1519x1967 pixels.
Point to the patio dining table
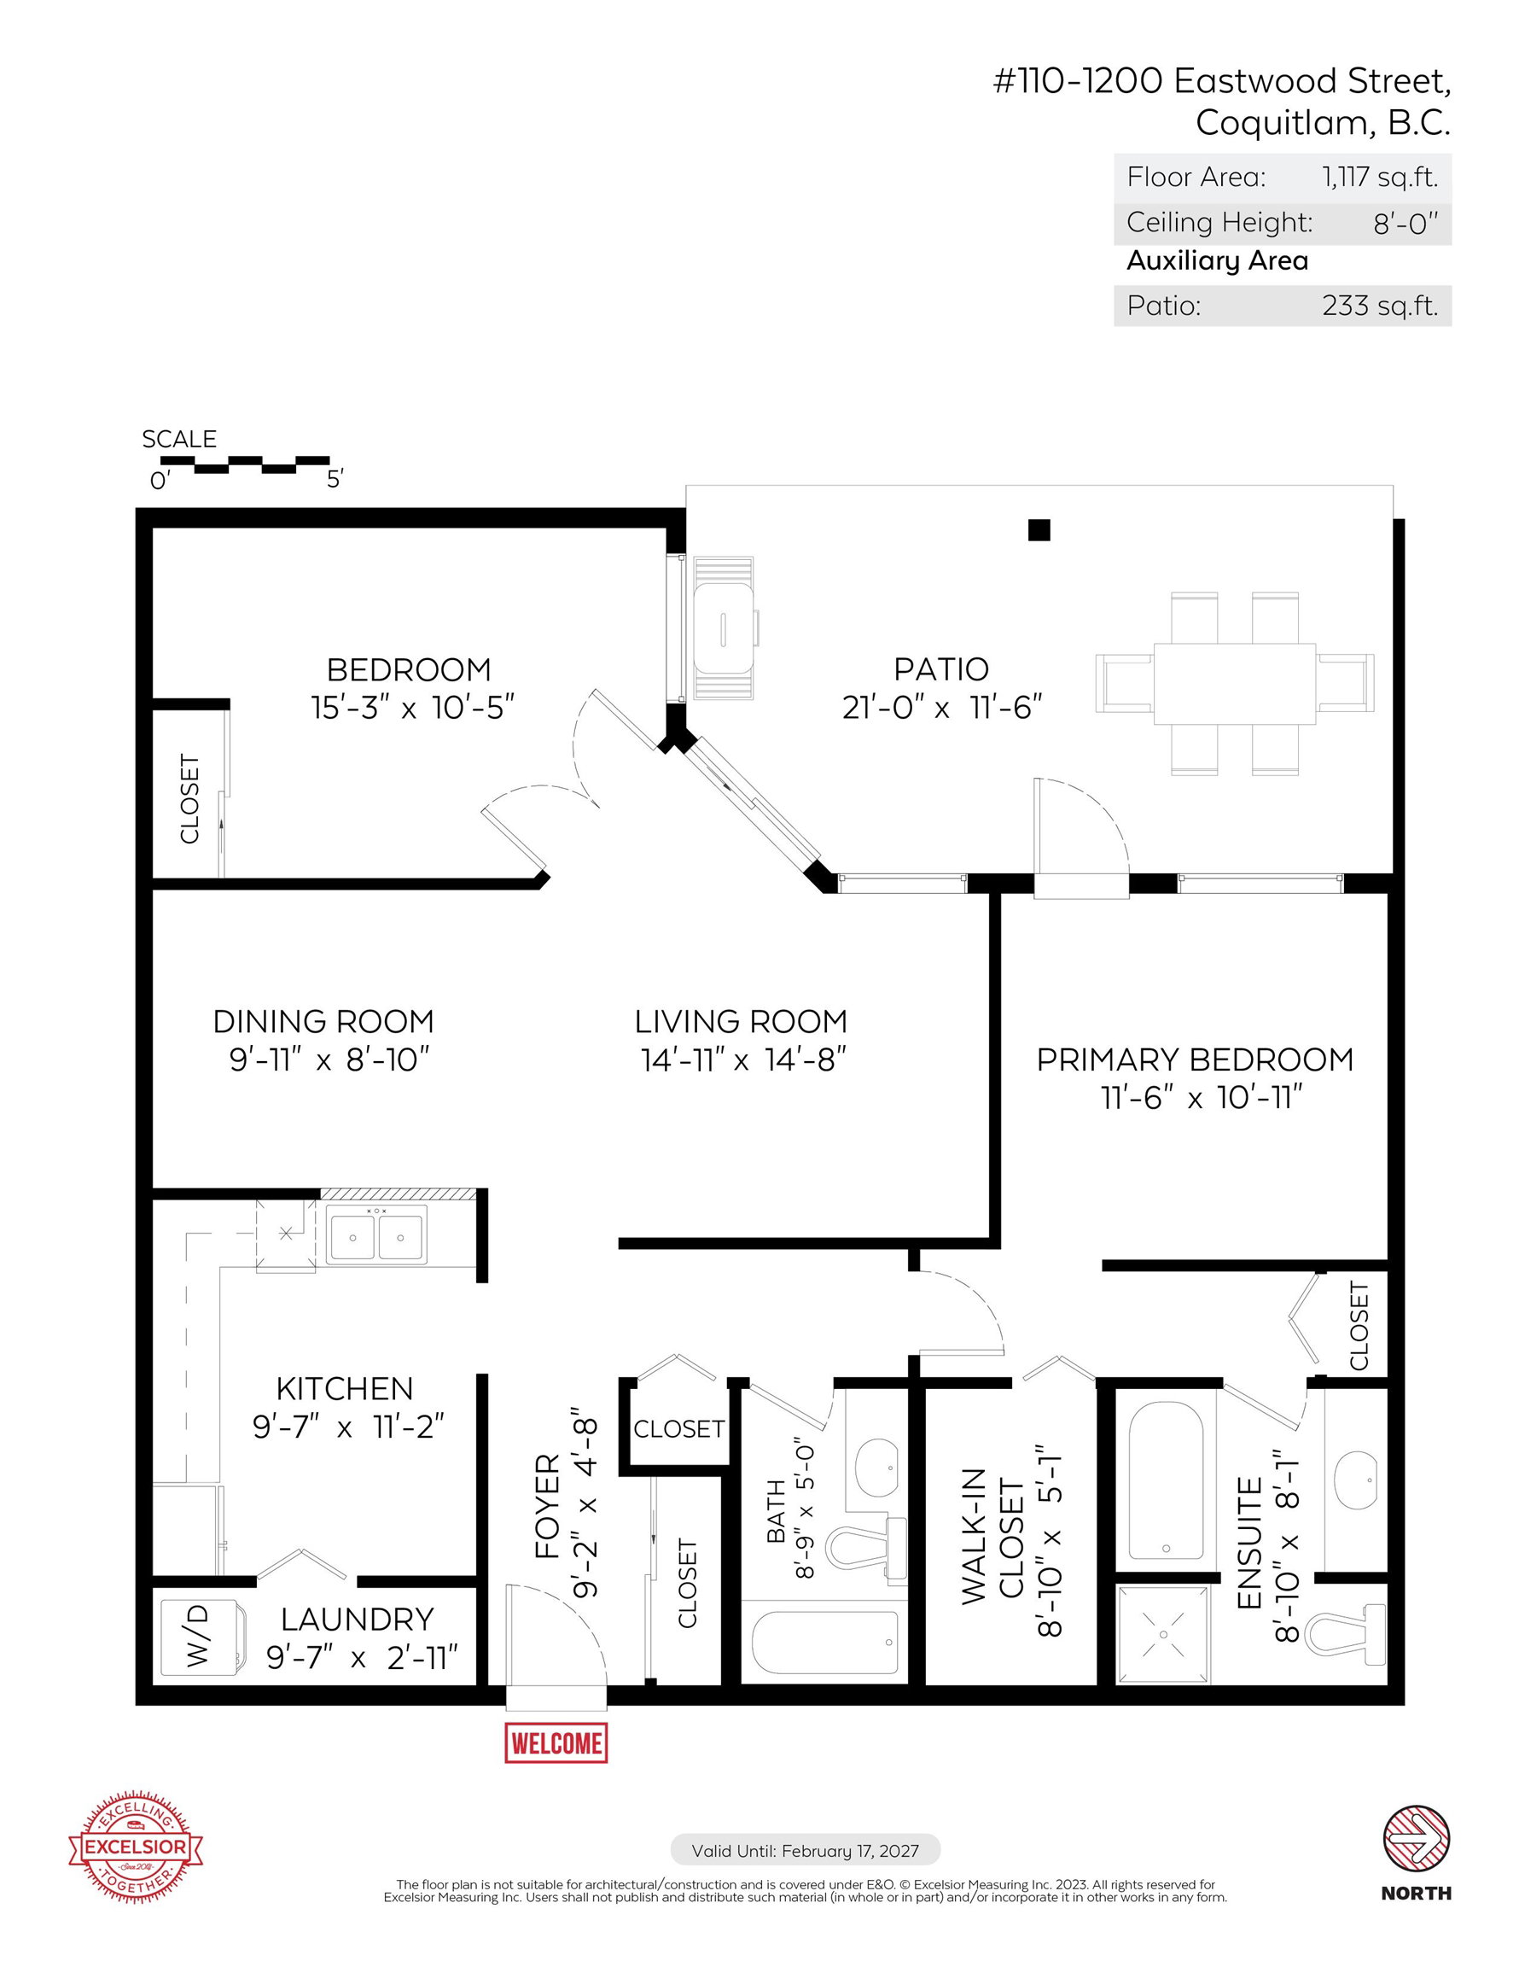[x=1235, y=683]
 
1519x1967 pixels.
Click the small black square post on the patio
[x=1039, y=530]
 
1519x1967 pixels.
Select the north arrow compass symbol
[x=1416, y=1838]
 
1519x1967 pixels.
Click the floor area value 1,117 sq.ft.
[x=1379, y=178]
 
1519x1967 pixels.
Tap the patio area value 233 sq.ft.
[x=1379, y=306]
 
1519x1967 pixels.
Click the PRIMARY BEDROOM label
[x=1195, y=1060]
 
